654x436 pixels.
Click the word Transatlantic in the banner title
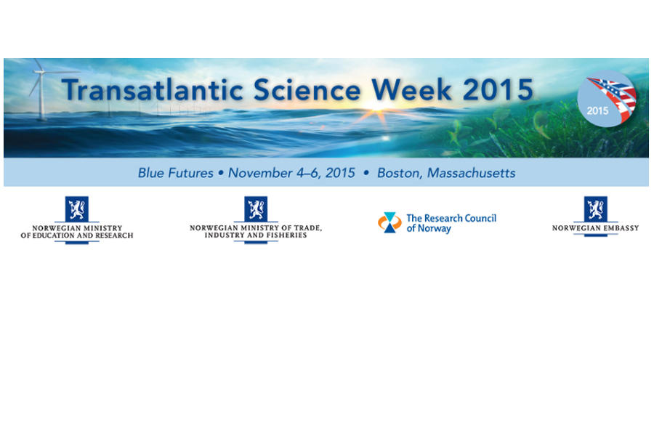tap(153, 89)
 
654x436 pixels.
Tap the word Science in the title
tap(307, 89)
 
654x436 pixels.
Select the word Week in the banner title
tap(412, 89)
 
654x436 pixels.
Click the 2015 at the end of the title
tap(498, 89)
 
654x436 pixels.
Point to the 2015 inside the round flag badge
tap(597, 110)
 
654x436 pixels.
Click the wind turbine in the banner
tap(41, 89)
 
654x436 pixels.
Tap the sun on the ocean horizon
tap(376, 107)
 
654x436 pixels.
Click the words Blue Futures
tap(176, 173)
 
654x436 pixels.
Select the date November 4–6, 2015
tap(291, 173)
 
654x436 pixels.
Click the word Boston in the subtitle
tap(400, 173)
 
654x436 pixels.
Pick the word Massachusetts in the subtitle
tap(472, 173)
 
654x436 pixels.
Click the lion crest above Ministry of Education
tap(77, 209)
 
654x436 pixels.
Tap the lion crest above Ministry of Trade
tap(256, 209)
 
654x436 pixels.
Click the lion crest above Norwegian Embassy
tap(596, 209)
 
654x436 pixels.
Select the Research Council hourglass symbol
tap(389, 222)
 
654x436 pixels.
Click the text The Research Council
tap(451, 218)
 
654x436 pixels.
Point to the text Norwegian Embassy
tap(596, 228)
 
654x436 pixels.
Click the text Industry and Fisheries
tap(256, 235)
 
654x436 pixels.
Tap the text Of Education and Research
tap(77, 235)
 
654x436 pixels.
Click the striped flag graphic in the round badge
tap(613, 97)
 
